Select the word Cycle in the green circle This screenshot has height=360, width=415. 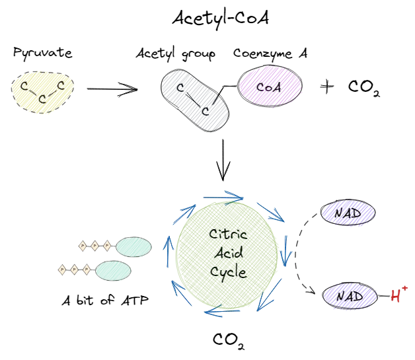pos(228,271)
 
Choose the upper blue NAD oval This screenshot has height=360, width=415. pos(348,213)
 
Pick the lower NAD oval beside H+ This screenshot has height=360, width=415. pos(350,295)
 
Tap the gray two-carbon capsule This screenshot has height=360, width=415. pos(196,99)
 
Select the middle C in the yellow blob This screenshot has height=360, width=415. pos(42,100)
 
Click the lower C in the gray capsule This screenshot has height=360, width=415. pos(206,111)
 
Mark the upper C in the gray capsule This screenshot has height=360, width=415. pos(180,87)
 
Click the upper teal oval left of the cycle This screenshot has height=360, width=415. pos(133,247)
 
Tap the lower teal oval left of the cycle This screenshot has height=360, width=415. pos(112,270)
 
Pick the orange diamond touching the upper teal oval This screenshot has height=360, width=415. pos(107,246)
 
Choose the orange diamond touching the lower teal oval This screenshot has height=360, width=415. pos(86,270)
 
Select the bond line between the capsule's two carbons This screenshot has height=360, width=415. pos(193,99)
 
